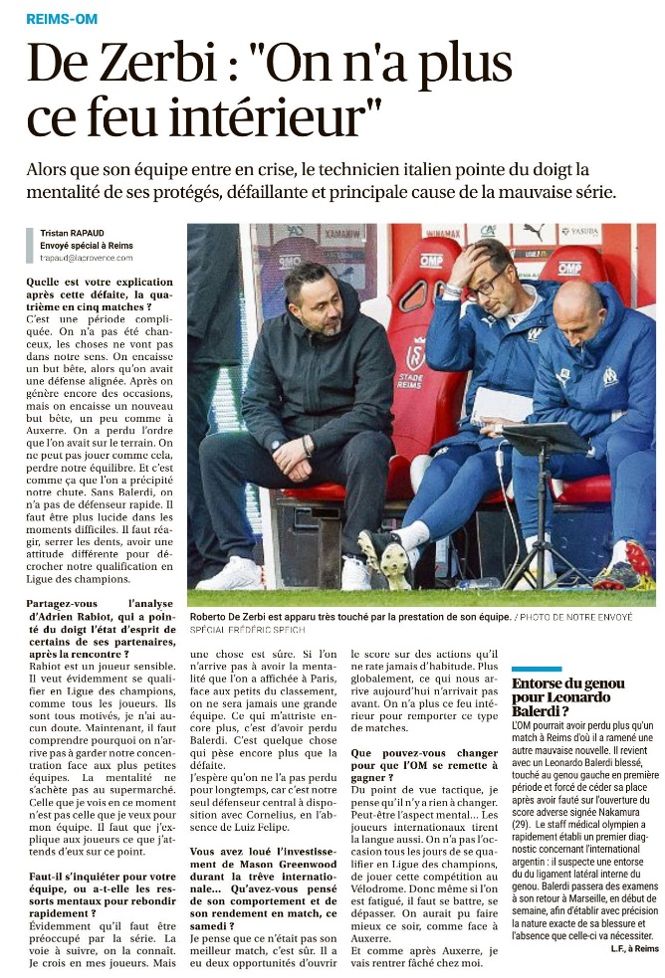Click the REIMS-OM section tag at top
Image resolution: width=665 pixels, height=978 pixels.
tap(61, 19)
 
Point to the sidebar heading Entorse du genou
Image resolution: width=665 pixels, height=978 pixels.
tap(568, 684)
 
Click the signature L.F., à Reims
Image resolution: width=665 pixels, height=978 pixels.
tap(634, 949)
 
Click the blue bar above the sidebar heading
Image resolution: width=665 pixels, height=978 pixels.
tap(537, 670)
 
